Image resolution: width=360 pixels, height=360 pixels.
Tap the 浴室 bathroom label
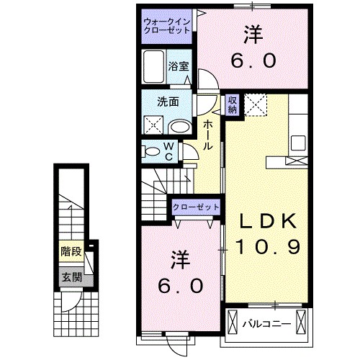(x=179, y=66)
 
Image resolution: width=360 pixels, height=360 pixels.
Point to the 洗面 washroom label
(x=169, y=102)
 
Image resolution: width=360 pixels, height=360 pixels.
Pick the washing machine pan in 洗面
(x=153, y=125)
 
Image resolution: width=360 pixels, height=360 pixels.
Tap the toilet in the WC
(x=153, y=152)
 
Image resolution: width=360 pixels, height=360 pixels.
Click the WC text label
(x=168, y=151)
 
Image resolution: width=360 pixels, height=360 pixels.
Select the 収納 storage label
(x=232, y=105)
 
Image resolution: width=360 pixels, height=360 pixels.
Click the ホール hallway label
(x=207, y=135)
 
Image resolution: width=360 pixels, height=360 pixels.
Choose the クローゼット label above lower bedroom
(x=195, y=207)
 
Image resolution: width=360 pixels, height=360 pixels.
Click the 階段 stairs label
(x=70, y=253)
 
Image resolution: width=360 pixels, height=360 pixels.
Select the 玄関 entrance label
(x=70, y=276)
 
